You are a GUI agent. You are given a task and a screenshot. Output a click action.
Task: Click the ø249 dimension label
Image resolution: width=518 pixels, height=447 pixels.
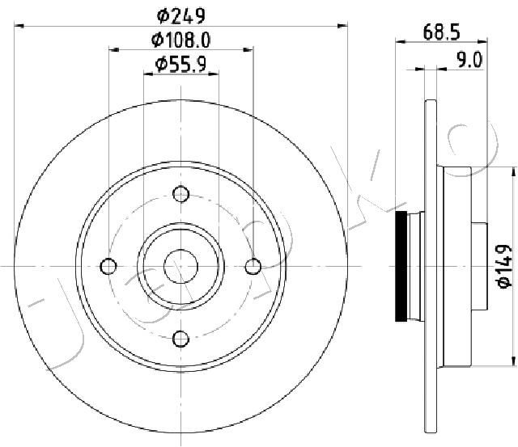tap(181, 15)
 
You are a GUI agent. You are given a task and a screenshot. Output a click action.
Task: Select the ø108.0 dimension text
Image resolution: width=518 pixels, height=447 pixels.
tap(180, 40)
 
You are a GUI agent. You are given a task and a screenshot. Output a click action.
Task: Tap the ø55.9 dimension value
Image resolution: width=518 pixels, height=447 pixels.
tap(181, 64)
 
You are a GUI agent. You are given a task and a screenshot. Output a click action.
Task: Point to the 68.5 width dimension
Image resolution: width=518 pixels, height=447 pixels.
tap(441, 32)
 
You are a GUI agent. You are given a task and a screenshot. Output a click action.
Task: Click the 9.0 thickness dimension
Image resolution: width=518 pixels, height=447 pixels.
tap(469, 60)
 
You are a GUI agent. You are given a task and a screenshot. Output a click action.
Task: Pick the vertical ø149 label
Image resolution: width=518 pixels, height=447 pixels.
tap(504, 266)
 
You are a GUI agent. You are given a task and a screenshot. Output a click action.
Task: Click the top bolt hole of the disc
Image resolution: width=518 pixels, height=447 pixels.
tap(180, 194)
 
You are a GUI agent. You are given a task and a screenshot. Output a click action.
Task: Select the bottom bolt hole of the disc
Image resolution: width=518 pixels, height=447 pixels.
tap(180, 339)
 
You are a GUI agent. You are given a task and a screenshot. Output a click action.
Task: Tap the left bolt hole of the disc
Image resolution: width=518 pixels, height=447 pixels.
tap(108, 266)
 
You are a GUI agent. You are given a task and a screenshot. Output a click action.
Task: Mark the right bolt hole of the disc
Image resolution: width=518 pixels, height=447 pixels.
tap(253, 266)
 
